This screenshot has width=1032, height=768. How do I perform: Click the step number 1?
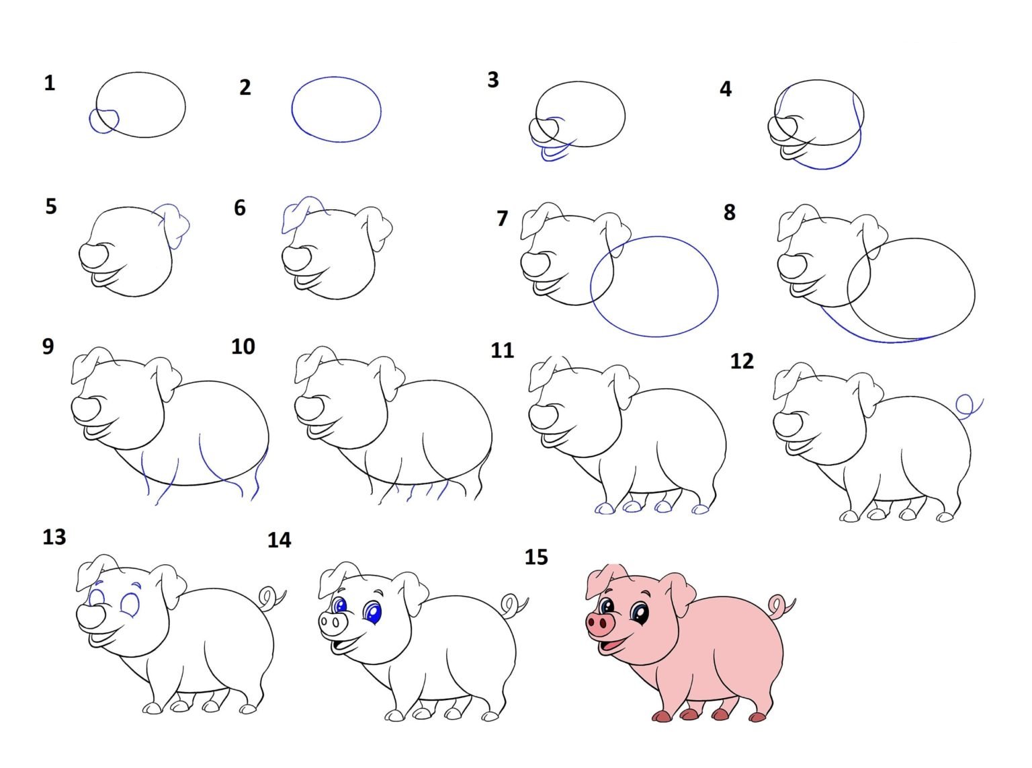click(49, 83)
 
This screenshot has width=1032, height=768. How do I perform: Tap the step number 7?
click(502, 218)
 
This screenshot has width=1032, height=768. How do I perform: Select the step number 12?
click(742, 361)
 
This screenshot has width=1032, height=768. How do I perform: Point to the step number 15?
click(536, 557)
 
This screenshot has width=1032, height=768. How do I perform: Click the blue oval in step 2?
click(292, 110)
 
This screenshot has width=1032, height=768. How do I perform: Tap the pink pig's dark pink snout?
click(600, 624)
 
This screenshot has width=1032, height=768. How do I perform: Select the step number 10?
click(243, 346)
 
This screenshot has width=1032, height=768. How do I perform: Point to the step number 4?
click(726, 89)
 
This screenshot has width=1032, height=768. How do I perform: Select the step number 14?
click(279, 540)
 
